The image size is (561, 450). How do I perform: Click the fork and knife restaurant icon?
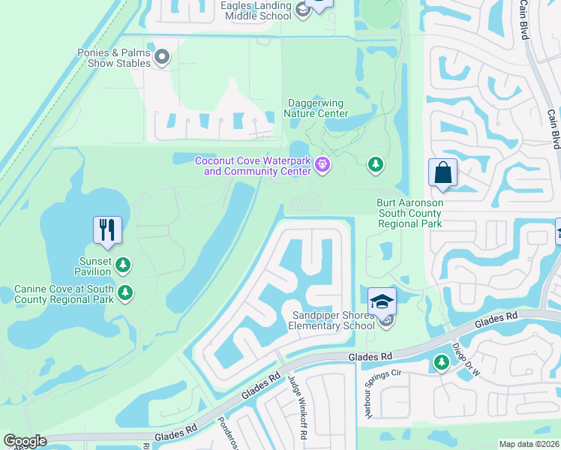click(107, 229)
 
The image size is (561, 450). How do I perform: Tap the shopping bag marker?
click(442, 172)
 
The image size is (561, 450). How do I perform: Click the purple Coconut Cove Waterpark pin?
click(323, 163)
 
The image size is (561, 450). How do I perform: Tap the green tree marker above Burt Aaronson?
click(376, 163)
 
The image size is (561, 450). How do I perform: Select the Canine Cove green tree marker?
click(127, 292)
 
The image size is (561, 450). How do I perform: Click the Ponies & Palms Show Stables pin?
click(162, 56)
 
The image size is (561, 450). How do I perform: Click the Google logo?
click(25, 441)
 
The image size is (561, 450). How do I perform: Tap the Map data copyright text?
click(529, 444)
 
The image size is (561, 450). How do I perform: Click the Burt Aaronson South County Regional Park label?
click(410, 213)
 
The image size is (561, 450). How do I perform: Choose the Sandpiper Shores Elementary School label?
click(333, 320)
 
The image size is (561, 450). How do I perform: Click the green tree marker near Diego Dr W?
click(441, 363)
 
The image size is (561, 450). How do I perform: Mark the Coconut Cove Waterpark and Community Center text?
click(253, 165)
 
